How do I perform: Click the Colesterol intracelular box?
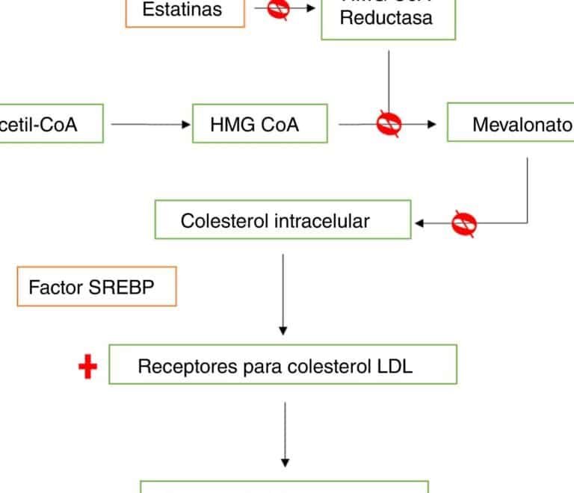(x=283, y=220)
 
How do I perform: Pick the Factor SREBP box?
(x=96, y=288)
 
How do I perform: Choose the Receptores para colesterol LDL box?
(x=283, y=365)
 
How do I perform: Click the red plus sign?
(x=88, y=367)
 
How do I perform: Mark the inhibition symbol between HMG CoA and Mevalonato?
(x=389, y=124)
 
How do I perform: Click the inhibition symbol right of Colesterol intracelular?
(x=464, y=222)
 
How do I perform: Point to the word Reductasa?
(x=386, y=18)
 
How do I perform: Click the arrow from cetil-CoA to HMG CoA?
(x=149, y=125)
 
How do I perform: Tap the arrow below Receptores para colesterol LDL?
(x=284, y=433)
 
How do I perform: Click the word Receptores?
(x=175, y=366)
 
